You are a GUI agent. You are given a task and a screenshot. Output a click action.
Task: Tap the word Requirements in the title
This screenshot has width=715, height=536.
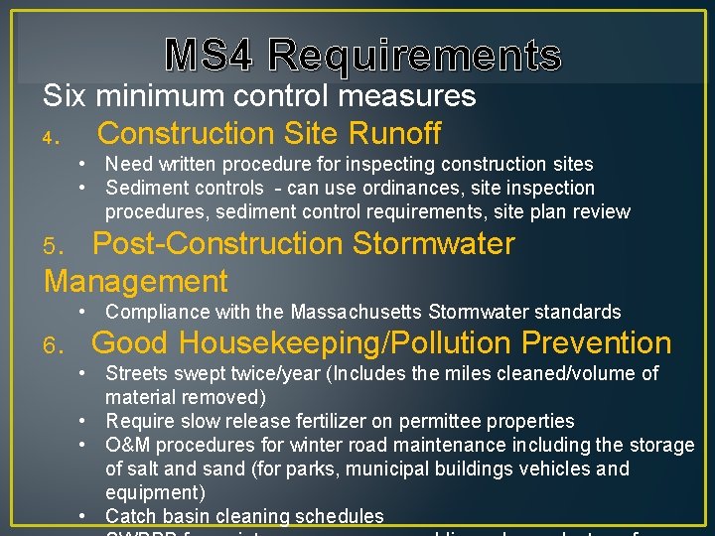[x=414, y=56]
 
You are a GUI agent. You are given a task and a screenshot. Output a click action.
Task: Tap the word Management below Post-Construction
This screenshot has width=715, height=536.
[x=136, y=281]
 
